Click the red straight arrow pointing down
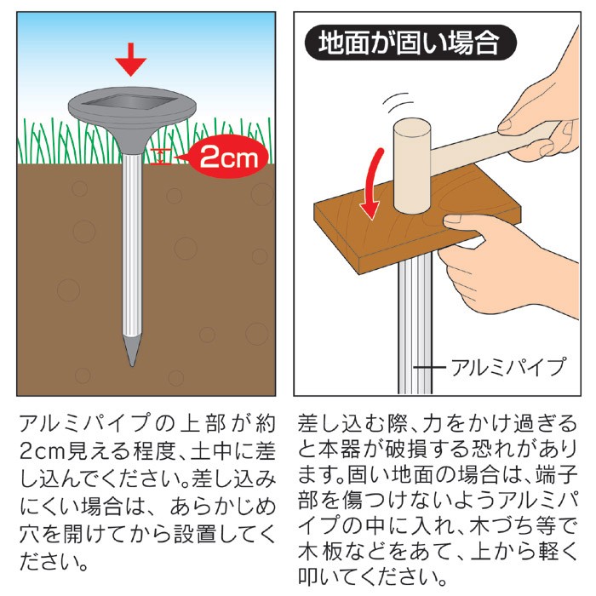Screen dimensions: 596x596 [x=131, y=60]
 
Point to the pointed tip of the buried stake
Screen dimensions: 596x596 [x=132, y=365]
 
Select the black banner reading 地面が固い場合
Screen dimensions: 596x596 [x=410, y=43]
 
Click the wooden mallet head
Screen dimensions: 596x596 [x=412, y=165]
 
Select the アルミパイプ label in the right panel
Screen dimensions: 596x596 [x=508, y=367]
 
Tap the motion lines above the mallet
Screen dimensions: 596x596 [x=398, y=103]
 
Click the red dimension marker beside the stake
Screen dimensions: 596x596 [x=161, y=157]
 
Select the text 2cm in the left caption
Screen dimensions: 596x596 [x=43, y=452]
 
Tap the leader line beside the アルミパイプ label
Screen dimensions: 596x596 [x=429, y=367]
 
